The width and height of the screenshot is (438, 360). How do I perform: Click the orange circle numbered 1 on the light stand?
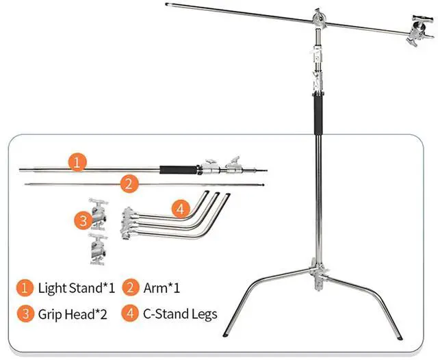79,163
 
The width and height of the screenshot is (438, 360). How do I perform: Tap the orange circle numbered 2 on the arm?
127,183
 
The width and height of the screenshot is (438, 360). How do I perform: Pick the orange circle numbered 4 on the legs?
179,209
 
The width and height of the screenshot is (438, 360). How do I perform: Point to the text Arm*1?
166,287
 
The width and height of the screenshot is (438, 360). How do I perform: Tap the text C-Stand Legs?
180,314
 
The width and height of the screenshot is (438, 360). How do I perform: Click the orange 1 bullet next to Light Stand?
25,287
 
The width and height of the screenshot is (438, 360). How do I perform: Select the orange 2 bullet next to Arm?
131,287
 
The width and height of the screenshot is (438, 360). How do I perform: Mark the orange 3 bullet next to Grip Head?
25,314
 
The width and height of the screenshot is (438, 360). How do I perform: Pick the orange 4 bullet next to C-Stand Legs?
131,314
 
